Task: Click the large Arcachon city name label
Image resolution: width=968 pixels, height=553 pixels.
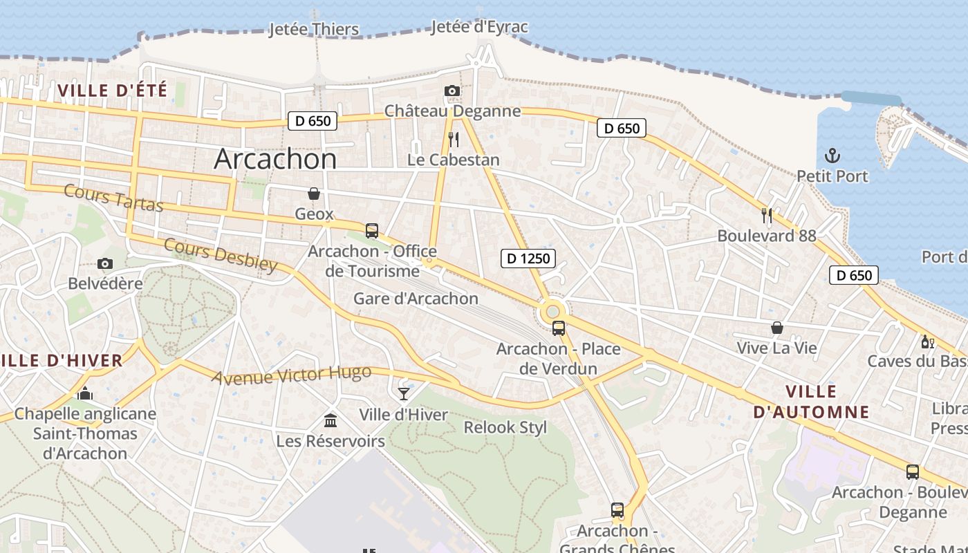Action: click(x=275, y=159)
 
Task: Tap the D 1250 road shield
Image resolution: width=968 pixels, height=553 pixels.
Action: click(x=528, y=259)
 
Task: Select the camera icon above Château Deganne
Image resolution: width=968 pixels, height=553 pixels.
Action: click(x=452, y=91)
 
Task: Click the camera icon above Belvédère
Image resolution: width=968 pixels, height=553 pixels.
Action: click(x=105, y=263)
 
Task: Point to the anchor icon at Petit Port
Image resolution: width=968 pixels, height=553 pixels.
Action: click(x=832, y=156)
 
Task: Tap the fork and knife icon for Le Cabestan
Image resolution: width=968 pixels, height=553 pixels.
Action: click(x=454, y=140)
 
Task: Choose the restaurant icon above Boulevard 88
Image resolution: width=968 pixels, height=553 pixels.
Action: click(x=766, y=216)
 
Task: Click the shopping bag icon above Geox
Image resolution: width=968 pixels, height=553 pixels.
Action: click(x=314, y=194)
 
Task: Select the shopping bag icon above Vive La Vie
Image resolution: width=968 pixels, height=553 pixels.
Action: click(x=777, y=328)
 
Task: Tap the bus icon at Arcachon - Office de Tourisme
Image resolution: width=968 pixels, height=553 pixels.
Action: click(x=372, y=231)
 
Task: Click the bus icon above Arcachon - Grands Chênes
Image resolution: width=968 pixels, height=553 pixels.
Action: click(x=617, y=510)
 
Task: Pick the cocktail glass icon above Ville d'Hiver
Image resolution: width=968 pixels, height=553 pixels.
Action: click(x=404, y=394)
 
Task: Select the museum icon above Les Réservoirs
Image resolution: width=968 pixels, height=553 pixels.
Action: click(x=331, y=420)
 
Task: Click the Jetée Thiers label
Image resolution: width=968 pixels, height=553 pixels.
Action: click(x=314, y=29)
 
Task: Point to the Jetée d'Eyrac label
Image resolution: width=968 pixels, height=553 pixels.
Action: click(x=479, y=27)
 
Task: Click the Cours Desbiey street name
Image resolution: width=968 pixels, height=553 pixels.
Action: click(x=221, y=255)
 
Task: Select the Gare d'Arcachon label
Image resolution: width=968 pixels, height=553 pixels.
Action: click(x=416, y=299)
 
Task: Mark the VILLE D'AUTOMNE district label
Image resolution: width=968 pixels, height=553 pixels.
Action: click(x=810, y=402)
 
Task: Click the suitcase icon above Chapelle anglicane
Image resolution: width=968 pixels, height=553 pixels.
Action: click(x=85, y=394)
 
